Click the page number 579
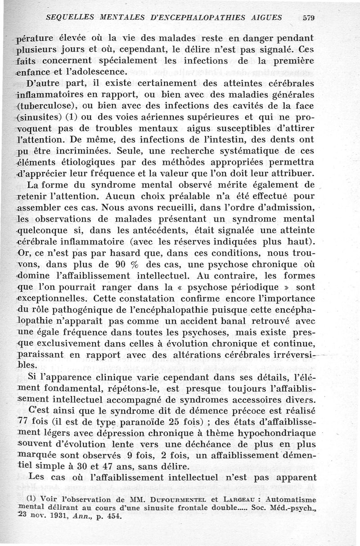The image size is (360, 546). pos(308,18)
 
